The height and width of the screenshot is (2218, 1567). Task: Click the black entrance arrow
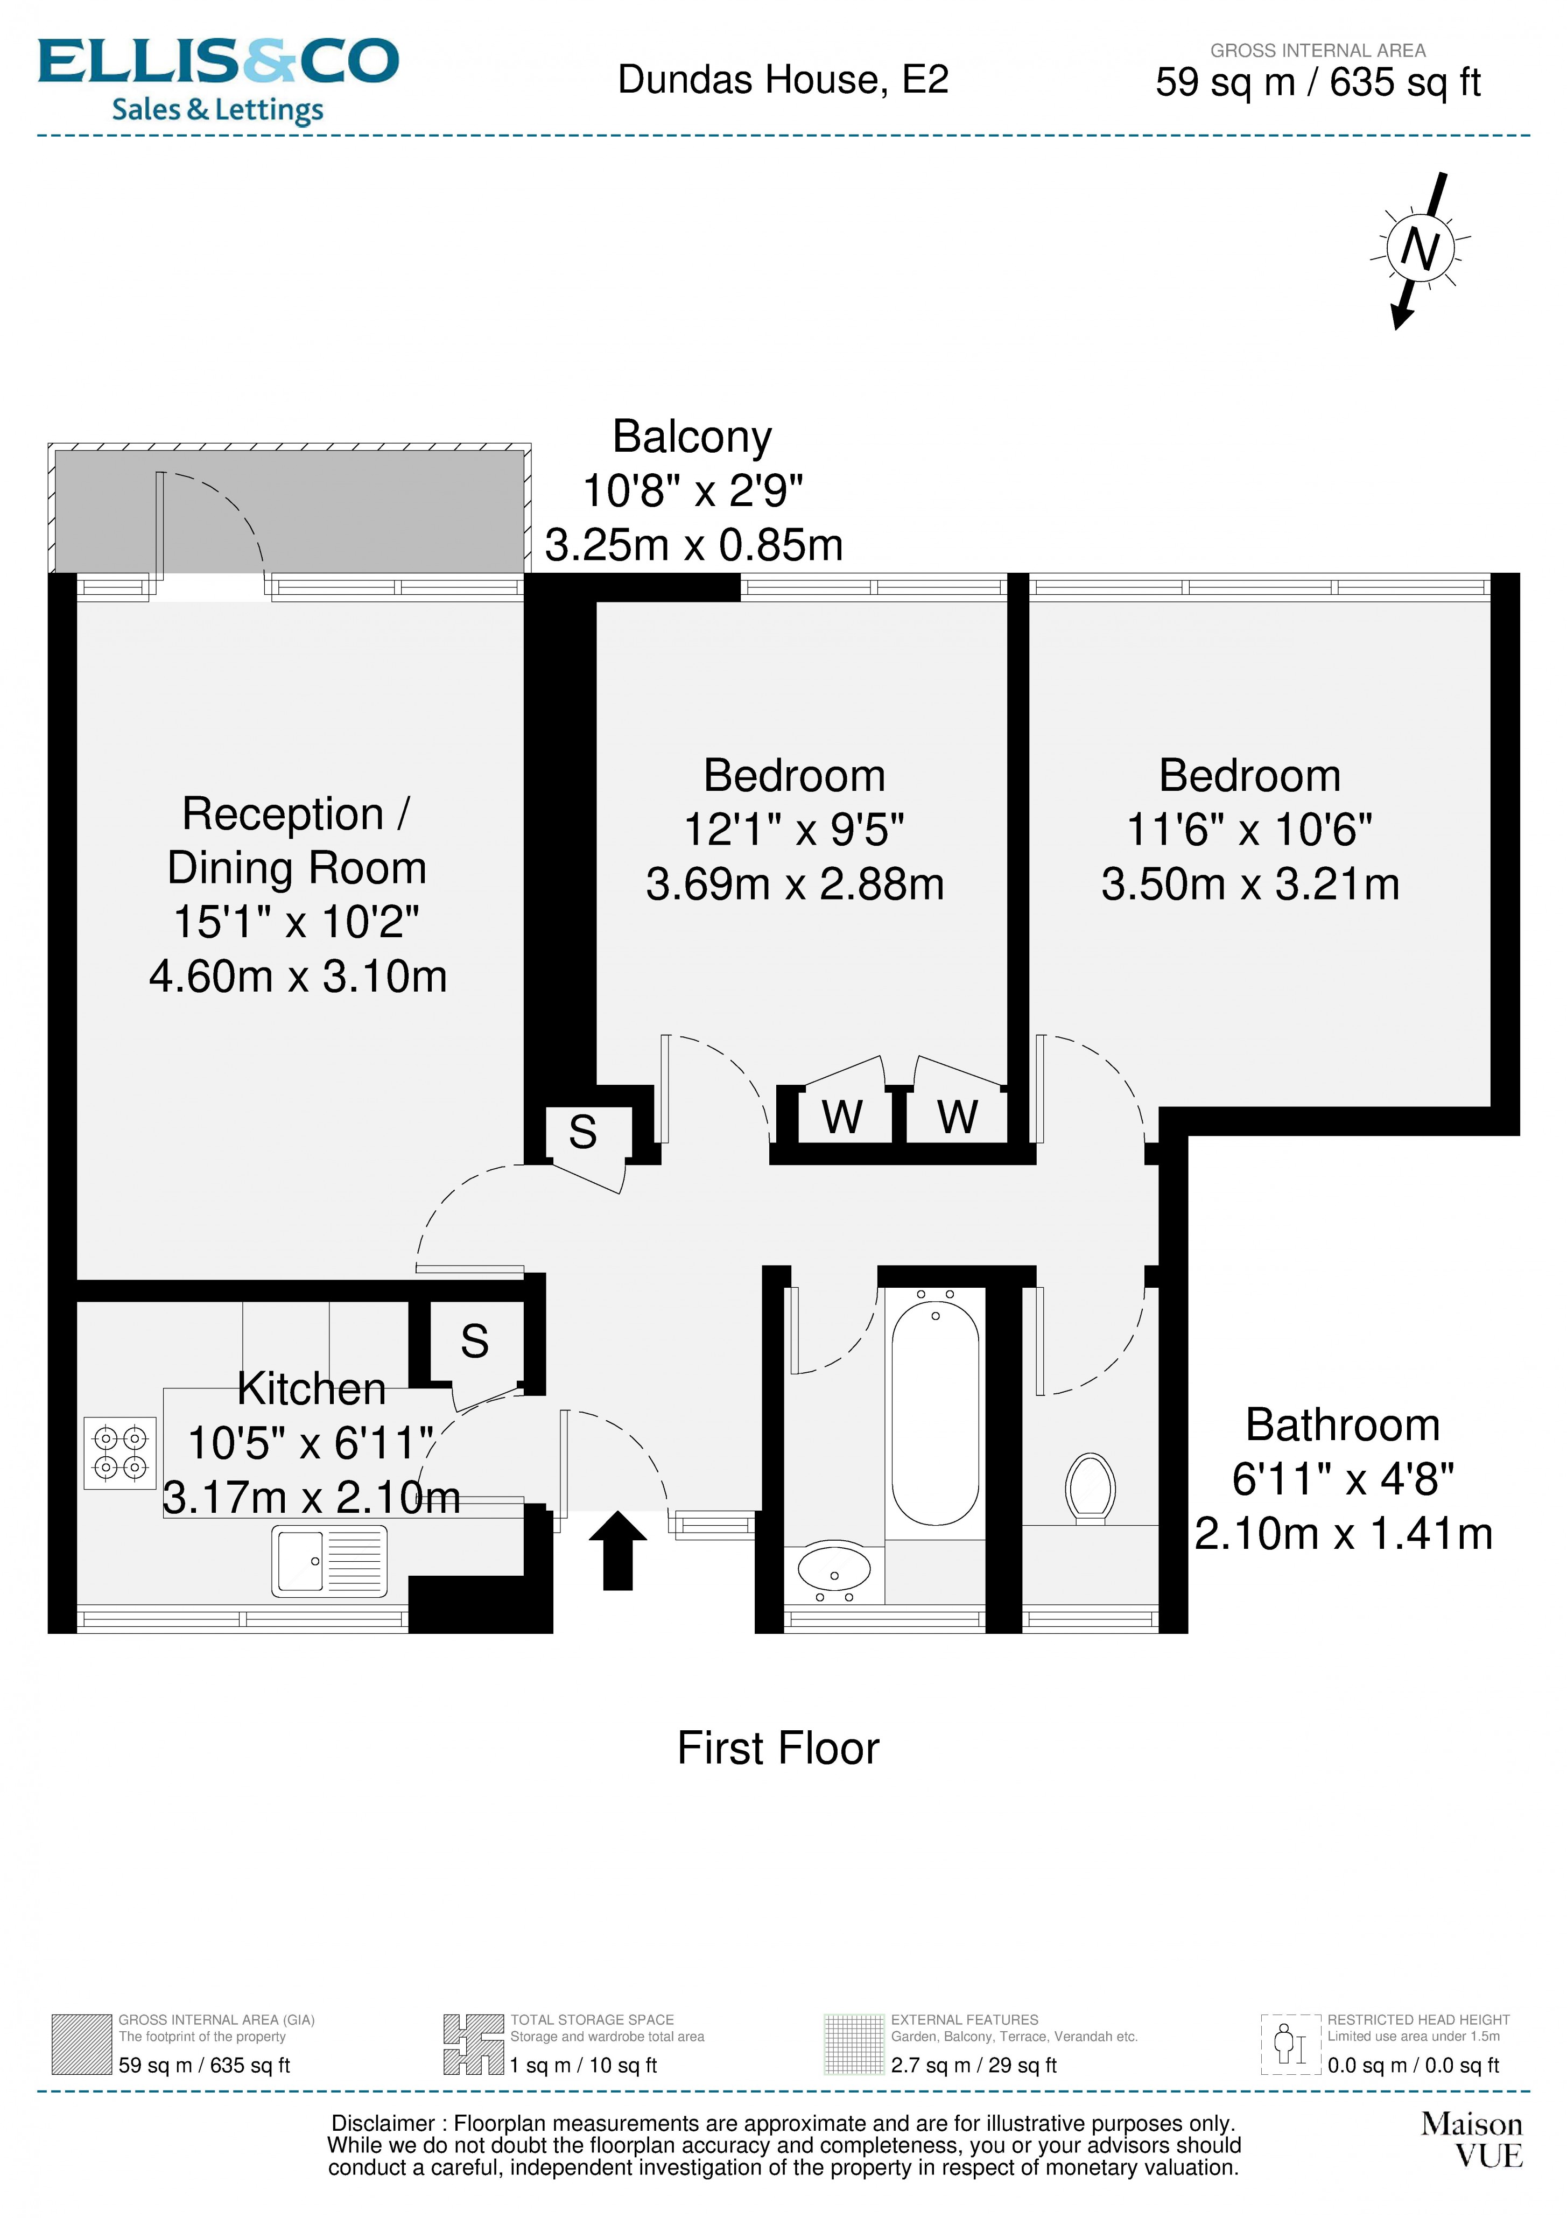[x=617, y=1548]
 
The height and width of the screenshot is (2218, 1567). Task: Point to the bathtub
[x=934, y=1412]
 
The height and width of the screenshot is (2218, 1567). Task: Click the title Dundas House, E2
[x=783, y=79]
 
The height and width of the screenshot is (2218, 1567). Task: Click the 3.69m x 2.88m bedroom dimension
[x=794, y=884]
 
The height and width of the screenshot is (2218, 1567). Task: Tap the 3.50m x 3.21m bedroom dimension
[x=1249, y=884]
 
